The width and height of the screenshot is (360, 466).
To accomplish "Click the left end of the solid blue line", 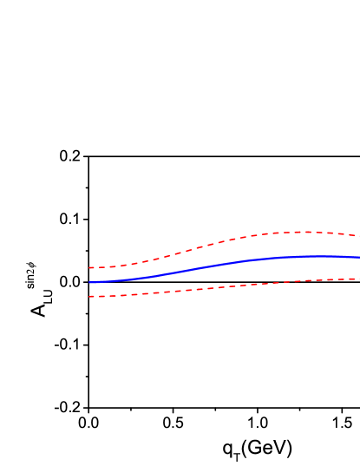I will (89, 282).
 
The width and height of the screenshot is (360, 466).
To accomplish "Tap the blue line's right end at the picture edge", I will (358, 257).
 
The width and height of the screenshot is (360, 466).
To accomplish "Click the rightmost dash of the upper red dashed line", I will (355, 235).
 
